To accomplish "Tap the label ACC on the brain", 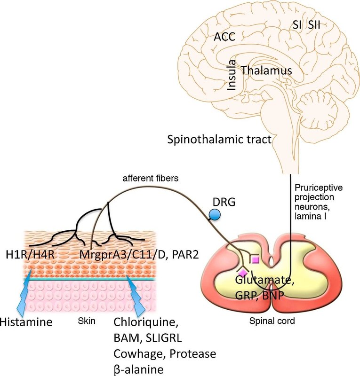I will [x=224, y=37].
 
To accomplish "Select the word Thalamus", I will [x=267, y=70].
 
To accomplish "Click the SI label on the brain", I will [x=297, y=25].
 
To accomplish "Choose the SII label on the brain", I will [x=314, y=25].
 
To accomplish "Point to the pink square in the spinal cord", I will [x=255, y=259].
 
